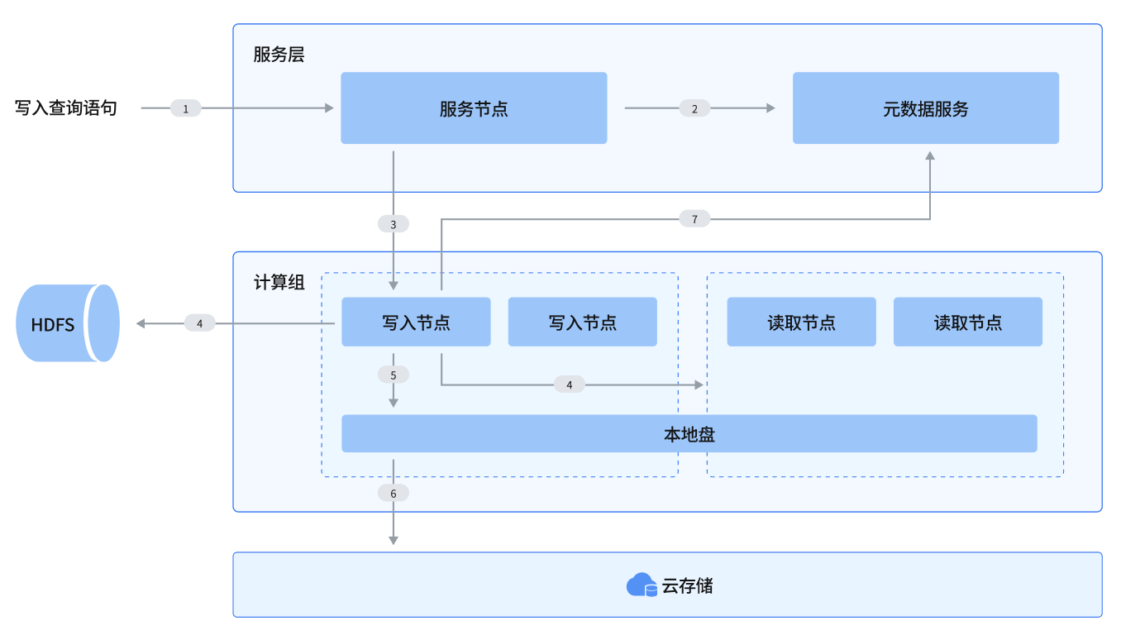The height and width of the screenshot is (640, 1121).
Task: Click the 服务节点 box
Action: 474,108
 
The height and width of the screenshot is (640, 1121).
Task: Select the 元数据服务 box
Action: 926,108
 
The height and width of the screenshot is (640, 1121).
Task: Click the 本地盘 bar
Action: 689,433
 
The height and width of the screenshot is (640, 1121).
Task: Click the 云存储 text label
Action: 688,586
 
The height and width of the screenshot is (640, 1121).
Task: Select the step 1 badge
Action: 186,108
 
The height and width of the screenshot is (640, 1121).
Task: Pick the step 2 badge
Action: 694,108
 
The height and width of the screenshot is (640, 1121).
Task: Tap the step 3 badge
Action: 394,224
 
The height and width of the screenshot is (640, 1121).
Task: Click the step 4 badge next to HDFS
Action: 199,323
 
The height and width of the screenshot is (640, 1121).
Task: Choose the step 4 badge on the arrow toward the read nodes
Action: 569,384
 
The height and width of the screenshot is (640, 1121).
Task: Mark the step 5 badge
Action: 394,375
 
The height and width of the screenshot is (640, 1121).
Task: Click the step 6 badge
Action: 394,493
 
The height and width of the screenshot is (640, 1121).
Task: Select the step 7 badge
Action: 694,219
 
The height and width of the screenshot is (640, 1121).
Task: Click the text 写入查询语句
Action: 66,108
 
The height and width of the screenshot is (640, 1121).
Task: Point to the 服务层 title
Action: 279,55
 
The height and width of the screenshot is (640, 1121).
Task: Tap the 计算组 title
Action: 279,283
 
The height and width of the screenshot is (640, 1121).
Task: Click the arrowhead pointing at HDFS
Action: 141,323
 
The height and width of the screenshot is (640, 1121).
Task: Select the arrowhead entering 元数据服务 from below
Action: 930,156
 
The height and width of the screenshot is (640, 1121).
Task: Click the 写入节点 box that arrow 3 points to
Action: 416,322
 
